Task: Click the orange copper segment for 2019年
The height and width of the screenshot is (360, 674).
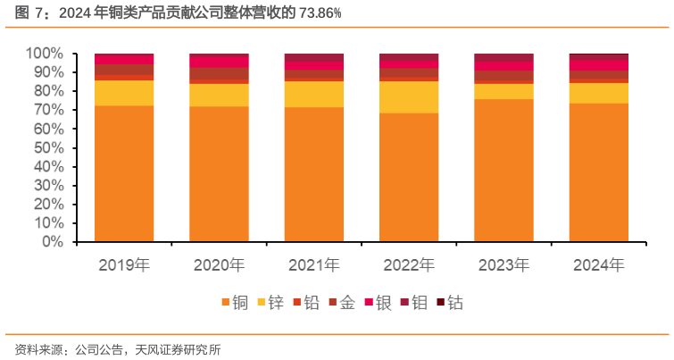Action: tap(124, 174)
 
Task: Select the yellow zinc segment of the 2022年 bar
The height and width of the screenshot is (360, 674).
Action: tap(409, 97)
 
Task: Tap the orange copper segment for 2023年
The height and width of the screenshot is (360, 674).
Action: tap(503, 171)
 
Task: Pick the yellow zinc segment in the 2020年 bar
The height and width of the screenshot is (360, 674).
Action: tap(219, 95)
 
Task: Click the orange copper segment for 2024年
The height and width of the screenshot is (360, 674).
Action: tap(598, 172)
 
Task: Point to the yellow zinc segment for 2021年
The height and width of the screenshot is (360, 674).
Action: tap(313, 95)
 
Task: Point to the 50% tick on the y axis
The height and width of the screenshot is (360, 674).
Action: tap(48, 147)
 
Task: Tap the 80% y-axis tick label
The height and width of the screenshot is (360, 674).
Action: tap(48, 91)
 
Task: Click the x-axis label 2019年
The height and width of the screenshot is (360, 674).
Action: tap(124, 265)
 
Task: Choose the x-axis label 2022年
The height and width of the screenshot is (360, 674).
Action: tap(409, 265)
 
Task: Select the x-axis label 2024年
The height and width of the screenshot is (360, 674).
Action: tap(598, 265)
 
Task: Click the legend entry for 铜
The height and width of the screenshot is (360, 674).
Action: tap(233, 303)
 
